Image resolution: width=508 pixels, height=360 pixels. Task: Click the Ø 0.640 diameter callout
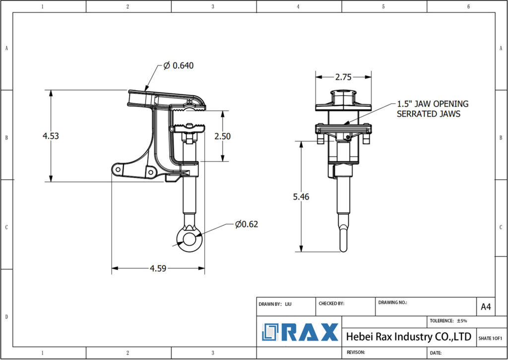point(178,66)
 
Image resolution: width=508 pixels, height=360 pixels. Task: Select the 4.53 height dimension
point(51,136)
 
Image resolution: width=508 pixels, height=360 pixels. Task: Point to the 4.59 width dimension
point(158,269)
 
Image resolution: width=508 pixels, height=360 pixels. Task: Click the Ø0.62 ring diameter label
point(247,224)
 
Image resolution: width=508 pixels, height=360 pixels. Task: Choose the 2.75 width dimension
point(343,77)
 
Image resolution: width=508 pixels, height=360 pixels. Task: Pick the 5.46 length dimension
point(301,197)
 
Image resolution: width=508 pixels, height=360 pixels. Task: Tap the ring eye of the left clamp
point(189,239)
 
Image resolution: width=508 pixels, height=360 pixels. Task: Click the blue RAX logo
point(300,332)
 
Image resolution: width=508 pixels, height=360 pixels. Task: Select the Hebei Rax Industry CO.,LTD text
point(408,337)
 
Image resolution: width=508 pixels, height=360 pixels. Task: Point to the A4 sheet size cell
point(486,307)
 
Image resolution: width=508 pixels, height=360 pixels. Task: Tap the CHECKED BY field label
point(331,303)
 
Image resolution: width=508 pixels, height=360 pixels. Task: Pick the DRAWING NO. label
point(392,302)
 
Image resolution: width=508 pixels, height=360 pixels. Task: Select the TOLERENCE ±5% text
point(448,321)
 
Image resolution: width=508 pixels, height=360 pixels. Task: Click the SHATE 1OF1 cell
point(490,338)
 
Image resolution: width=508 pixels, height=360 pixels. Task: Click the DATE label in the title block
point(436,353)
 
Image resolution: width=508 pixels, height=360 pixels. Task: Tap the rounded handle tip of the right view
point(343,247)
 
